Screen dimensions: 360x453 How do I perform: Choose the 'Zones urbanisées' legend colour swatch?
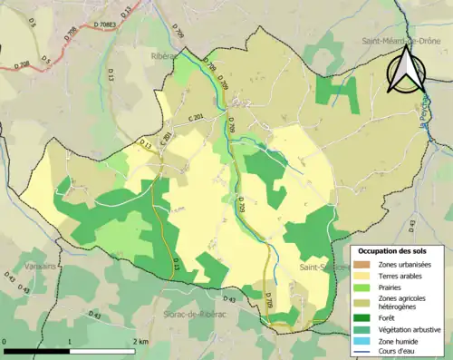tap(367, 264)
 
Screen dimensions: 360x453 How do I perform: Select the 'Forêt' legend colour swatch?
tap(367, 316)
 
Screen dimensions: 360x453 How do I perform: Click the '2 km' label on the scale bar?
tap(140, 342)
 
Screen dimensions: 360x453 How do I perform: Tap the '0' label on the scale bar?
tap(5, 342)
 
